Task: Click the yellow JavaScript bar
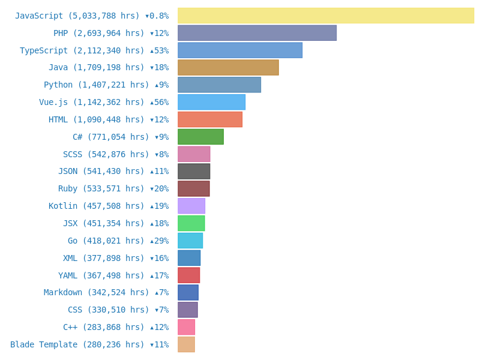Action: tap(326, 16)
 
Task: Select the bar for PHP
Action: tap(257, 33)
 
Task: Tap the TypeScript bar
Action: tap(240, 50)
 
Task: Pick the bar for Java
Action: tap(228, 67)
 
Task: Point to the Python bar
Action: tap(219, 85)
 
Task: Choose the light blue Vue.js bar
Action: tap(211, 102)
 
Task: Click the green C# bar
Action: tap(200, 137)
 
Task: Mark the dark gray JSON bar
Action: tap(194, 172)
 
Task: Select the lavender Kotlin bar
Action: tap(191, 206)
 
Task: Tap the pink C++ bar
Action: tap(186, 327)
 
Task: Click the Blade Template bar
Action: tap(186, 344)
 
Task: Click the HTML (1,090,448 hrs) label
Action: tap(97, 120)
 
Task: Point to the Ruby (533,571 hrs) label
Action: tap(101, 189)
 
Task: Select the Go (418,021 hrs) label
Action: tap(106, 241)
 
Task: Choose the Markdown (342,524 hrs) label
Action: tap(97, 293)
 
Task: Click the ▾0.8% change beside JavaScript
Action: tap(157, 16)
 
